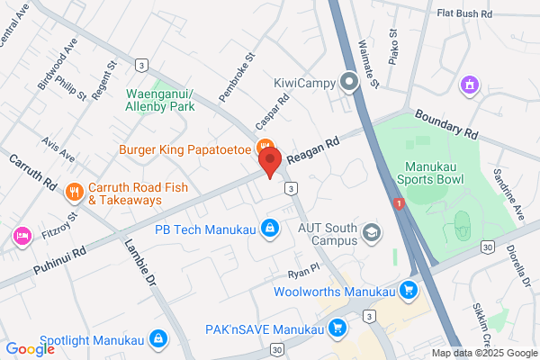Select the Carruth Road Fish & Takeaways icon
[x=74, y=191]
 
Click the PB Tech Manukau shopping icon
[x=268, y=229]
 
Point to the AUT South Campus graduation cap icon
[x=371, y=234]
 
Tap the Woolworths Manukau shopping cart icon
[x=409, y=291]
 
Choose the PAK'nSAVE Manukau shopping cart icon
[x=338, y=328]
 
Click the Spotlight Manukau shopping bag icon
[x=157, y=338]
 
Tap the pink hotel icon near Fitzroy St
[x=22, y=236]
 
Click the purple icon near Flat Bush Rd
[x=467, y=85]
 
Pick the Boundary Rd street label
[x=445, y=124]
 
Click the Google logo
[x=31, y=349]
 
